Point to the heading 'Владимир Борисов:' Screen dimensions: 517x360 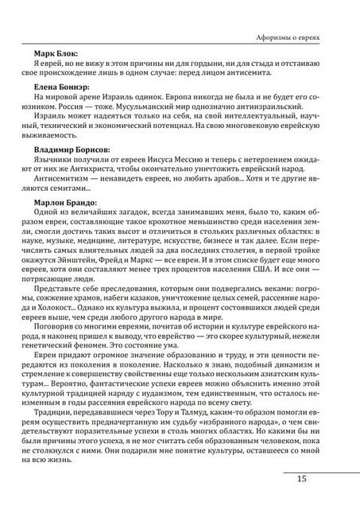click(x=72, y=148)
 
